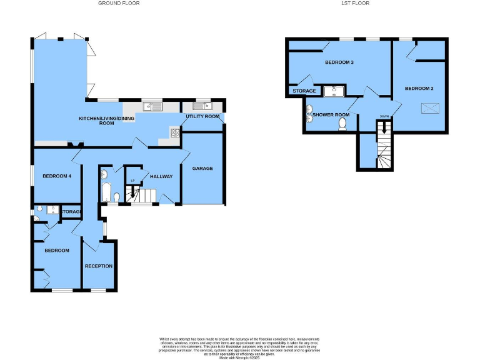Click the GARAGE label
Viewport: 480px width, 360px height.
point(202,168)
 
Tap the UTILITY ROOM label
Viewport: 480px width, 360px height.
point(203,117)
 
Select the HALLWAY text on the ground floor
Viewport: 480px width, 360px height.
point(161,176)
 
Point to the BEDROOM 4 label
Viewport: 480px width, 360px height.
point(57,176)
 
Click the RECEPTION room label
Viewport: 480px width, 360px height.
point(99,266)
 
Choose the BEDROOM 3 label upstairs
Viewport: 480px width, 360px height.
point(339,62)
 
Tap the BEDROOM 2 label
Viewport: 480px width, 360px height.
point(419,88)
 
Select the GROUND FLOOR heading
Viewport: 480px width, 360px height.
point(119,3)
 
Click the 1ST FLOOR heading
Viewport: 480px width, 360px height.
point(357,3)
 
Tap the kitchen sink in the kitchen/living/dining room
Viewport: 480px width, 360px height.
point(152,107)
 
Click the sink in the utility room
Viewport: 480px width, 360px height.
point(203,106)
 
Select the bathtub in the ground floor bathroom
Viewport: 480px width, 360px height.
point(105,191)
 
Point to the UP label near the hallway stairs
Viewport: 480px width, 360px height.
point(132,181)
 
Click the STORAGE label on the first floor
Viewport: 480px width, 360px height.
point(304,91)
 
